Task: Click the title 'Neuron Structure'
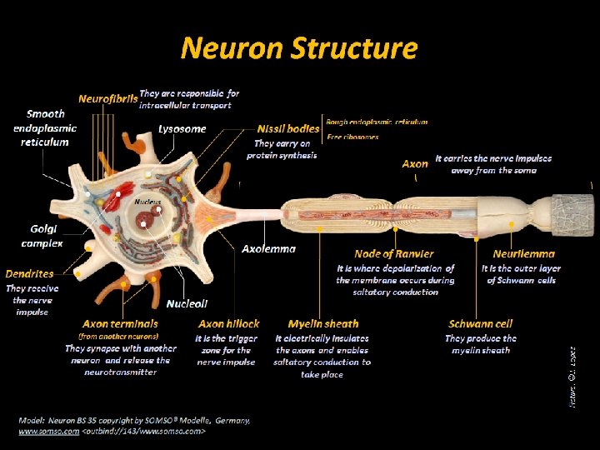(x=298, y=48)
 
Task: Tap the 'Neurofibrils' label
(x=107, y=98)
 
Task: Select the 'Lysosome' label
(x=182, y=129)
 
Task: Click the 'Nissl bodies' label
(x=288, y=129)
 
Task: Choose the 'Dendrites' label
(x=29, y=273)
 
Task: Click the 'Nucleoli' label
(x=187, y=304)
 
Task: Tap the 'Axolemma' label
(x=268, y=249)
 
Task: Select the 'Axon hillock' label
(x=228, y=323)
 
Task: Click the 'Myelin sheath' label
(x=323, y=323)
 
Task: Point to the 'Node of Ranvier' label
(x=393, y=253)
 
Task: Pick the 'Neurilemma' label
(x=523, y=253)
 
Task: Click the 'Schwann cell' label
(x=480, y=323)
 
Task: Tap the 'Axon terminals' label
(x=120, y=323)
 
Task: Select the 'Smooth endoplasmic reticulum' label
(x=45, y=128)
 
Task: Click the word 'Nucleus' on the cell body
(x=147, y=202)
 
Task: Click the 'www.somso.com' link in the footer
(x=41, y=432)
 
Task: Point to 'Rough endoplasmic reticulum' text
(x=377, y=122)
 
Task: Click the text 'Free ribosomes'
(x=352, y=137)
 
